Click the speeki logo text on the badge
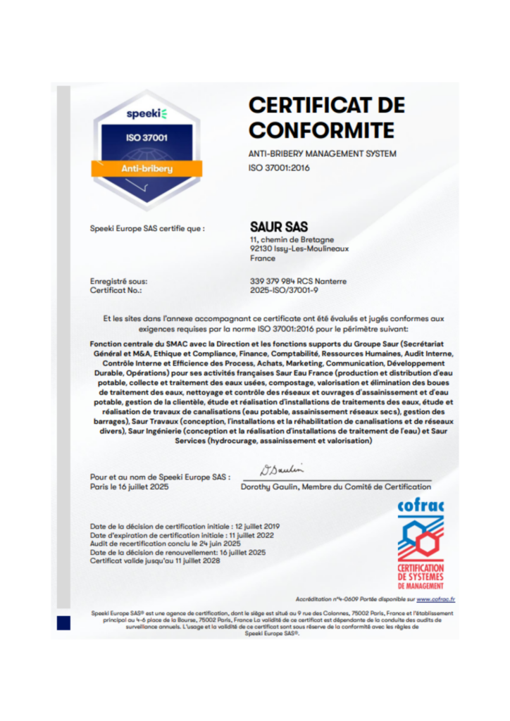click(147, 114)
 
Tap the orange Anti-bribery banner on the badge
click(147, 168)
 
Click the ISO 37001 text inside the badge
click(147, 138)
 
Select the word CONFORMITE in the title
click(321, 130)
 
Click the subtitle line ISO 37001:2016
click(279, 168)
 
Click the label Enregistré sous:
click(119, 281)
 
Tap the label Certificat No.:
click(116, 290)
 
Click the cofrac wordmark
click(420, 507)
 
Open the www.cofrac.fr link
click(435, 599)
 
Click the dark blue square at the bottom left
click(64, 622)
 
